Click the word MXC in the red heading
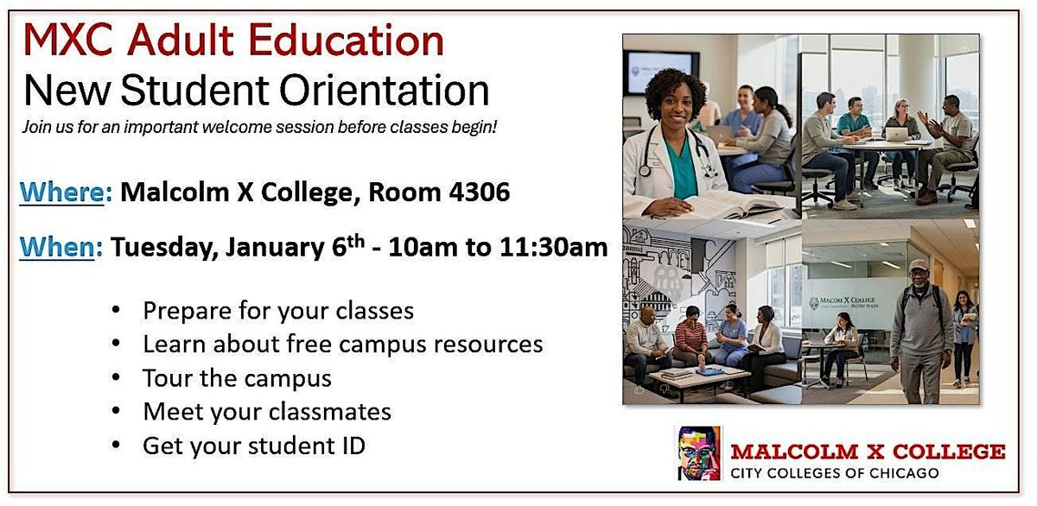(68, 41)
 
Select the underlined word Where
(61, 192)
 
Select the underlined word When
(57, 247)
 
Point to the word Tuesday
(164, 248)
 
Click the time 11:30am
(554, 247)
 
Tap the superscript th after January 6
(356, 241)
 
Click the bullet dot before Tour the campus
(116, 377)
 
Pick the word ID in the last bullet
(353, 446)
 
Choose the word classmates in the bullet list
(329, 412)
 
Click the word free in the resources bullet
(305, 344)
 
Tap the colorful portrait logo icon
(699, 452)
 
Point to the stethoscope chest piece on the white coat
(644, 171)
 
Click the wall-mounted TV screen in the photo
(659, 73)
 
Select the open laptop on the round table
(897, 134)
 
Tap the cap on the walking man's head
(918, 264)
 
